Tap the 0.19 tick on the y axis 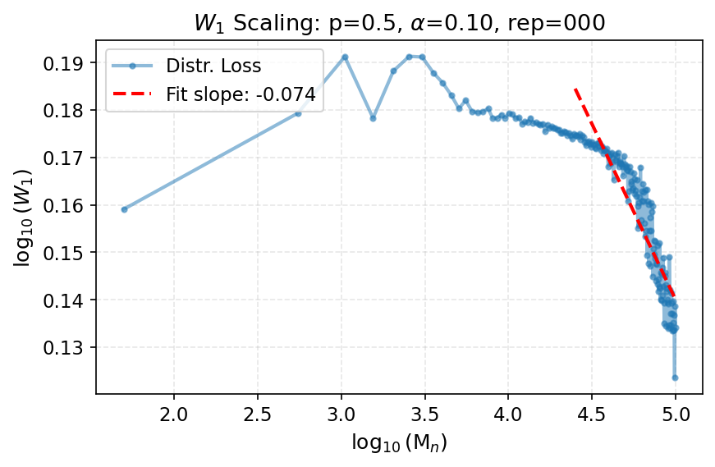click(x=68, y=63)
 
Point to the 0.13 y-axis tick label click(x=68, y=348)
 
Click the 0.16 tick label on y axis click(x=68, y=205)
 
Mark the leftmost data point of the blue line click(x=124, y=209)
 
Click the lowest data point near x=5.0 click(x=675, y=378)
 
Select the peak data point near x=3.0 click(x=345, y=57)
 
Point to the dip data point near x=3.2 click(x=373, y=118)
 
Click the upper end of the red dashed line click(x=575, y=88)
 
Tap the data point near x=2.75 click(x=298, y=113)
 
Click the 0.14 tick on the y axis click(x=68, y=300)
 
